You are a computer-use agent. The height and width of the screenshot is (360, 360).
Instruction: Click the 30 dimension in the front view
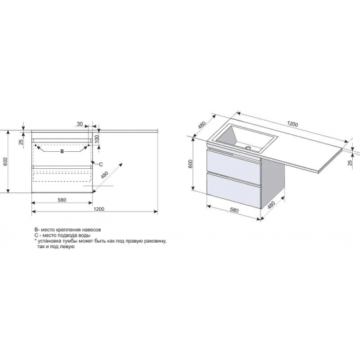(79, 124)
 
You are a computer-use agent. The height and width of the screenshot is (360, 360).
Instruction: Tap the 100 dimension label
(97, 139)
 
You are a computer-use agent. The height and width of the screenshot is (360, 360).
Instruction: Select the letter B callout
(62, 152)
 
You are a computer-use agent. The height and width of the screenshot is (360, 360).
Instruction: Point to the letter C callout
(101, 164)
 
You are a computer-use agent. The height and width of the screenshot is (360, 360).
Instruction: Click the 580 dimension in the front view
(62, 200)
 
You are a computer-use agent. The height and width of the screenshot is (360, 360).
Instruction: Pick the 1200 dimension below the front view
(99, 209)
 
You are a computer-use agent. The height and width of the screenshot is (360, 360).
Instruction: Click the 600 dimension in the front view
(6, 162)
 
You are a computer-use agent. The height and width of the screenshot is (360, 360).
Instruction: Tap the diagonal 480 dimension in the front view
(105, 175)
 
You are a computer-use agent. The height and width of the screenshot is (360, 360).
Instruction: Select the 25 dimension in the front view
(22, 142)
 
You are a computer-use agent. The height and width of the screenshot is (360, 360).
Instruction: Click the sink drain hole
(248, 148)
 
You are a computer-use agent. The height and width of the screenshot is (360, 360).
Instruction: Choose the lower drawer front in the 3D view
(234, 190)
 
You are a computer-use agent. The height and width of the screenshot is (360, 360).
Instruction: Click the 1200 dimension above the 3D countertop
(293, 124)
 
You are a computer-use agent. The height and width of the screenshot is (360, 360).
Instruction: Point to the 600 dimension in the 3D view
(190, 164)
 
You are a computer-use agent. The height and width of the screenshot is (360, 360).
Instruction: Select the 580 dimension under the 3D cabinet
(234, 210)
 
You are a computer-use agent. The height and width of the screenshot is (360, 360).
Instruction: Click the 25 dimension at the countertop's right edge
(350, 162)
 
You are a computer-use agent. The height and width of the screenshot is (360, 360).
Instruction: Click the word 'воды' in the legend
(84, 236)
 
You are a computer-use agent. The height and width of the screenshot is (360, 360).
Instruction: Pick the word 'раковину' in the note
(156, 241)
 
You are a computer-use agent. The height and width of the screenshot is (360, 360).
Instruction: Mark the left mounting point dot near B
(35, 145)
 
